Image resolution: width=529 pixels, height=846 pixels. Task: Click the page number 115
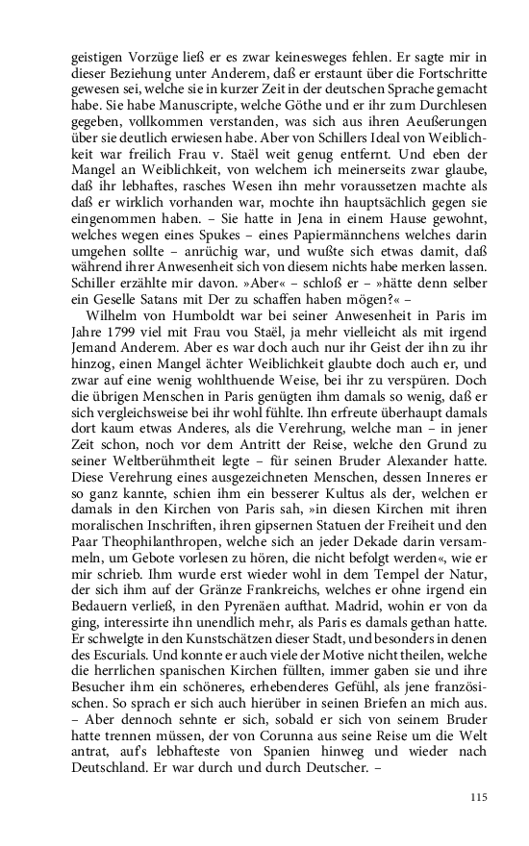point(479,797)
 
